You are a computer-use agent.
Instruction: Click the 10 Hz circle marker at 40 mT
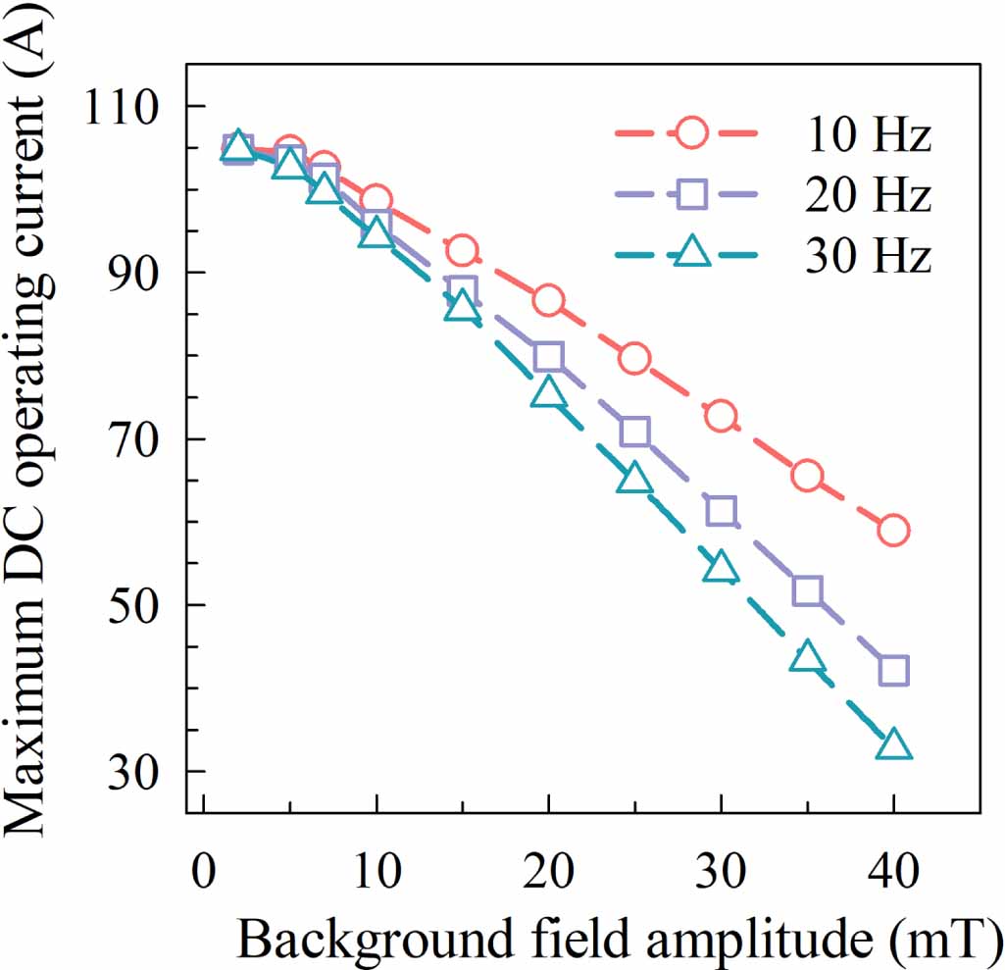pos(893,531)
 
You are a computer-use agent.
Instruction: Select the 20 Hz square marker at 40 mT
pos(893,671)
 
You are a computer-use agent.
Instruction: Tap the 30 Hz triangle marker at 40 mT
pos(893,746)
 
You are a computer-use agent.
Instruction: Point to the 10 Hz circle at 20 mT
pos(549,301)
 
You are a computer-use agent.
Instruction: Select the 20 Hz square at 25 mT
pos(635,432)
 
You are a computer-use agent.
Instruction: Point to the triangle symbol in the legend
pos(692,252)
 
